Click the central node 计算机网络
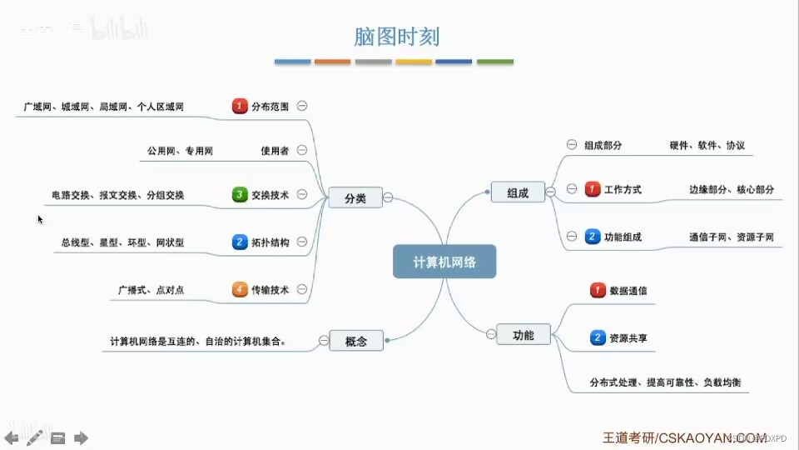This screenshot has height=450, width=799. (444, 262)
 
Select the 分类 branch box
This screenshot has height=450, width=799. (355, 198)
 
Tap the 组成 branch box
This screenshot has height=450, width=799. (518, 192)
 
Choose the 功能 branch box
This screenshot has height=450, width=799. (524, 336)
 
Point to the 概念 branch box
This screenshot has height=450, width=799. (355, 341)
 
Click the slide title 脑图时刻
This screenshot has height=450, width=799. (396, 37)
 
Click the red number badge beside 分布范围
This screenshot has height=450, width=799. (240, 107)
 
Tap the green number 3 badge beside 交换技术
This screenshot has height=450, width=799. (240, 195)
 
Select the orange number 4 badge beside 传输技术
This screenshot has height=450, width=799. (240, 290)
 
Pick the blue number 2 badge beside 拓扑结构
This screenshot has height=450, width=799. (240, 242)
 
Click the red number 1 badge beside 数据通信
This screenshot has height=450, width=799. (598, 291)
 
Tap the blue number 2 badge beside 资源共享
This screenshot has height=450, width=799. (598, 338)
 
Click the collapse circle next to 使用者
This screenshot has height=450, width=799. (302, 151)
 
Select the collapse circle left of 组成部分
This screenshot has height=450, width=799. (572, 144)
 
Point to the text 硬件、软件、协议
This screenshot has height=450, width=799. (707, 145)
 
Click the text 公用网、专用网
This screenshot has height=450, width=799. (180, 152)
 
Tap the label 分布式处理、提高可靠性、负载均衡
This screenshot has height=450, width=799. (665, 383)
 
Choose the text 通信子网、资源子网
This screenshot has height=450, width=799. (732, 237)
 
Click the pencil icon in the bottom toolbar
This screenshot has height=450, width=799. (34, 437)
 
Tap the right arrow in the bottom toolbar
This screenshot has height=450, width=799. (81, 437)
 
